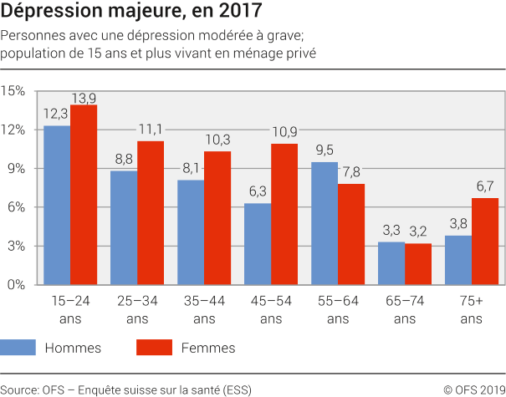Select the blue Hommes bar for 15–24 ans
click(x=57, y=206)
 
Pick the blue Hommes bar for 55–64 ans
click(x=325, y=223)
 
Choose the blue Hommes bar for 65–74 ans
click(x=391, y=263)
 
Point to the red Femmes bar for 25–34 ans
click(x=151, y=213)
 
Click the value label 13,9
click(x=84, y=97)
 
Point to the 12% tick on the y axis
click(x=15, y=130)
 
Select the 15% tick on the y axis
click(x=15, y=91)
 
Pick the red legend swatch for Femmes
click(x=154, y=348)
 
